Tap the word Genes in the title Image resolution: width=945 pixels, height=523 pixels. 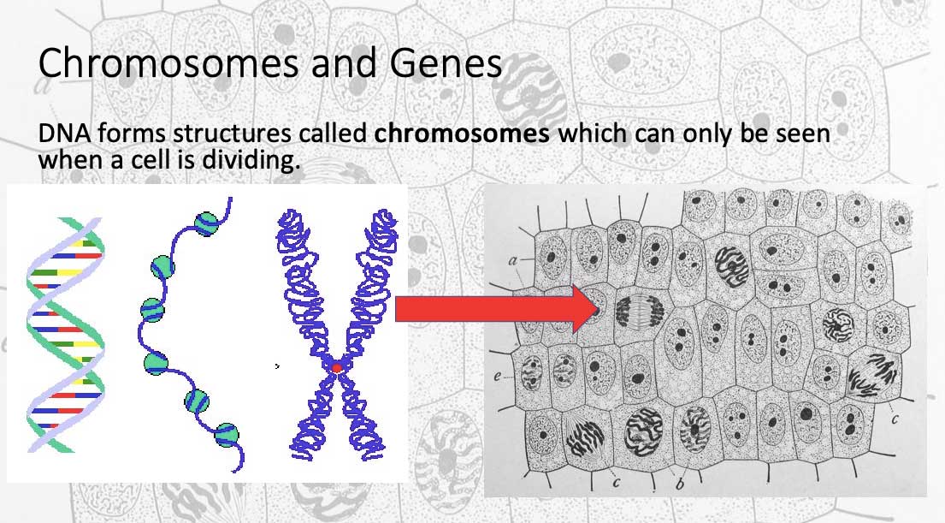(446, 62)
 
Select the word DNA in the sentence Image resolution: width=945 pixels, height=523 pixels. (64, 134)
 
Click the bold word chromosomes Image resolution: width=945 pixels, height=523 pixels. (462, 134)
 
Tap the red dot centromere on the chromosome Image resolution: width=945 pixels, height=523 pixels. (337, 367)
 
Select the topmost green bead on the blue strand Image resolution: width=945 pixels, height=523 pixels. (206, 223)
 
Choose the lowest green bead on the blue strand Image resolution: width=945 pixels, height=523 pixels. (226, 435)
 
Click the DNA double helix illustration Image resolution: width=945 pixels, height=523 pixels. (65, 335)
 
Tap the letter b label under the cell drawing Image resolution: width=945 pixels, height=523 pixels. (680, 484)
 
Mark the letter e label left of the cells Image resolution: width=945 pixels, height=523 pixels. (497, 377)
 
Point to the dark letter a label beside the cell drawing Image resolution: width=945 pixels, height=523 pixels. (513, 260)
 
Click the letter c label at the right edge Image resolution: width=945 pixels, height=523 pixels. (895, 418)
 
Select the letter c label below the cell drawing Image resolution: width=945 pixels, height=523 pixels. (616, 482)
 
